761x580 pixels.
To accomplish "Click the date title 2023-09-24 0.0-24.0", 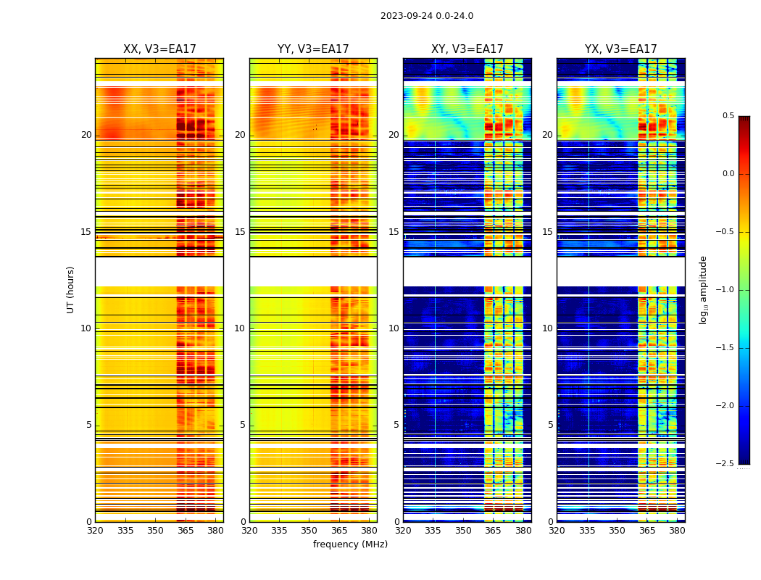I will point(427,16).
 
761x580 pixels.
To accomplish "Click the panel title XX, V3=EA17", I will point(159,49).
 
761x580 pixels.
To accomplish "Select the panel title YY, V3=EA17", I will point(313,49).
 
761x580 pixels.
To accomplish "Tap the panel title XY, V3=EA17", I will point(467,49).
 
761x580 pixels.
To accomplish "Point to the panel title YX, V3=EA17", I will point(621,49).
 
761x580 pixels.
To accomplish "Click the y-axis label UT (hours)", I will point(70,289).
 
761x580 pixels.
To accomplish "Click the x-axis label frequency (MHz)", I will point(350,544).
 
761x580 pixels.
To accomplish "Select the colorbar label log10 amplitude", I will point(703,289).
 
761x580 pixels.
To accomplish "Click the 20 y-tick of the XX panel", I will point(86,135).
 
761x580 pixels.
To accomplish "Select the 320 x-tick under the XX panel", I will point(95,531).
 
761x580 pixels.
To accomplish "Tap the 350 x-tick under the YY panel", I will point(309,531).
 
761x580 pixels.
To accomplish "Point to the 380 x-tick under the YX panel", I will point(677,531).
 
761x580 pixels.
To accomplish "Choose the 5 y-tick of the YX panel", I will point(550,425).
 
